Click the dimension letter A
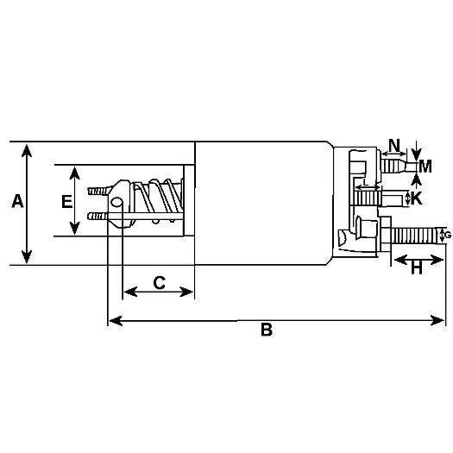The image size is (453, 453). click(x=17, y=201)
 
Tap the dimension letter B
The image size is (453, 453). click(x=267, y=330)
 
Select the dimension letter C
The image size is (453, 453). click(x=160, y=282)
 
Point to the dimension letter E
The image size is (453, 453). click(x=66, y=201)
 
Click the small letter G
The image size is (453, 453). click(x=448, y=236)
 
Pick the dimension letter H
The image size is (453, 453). click(x=416, y=267)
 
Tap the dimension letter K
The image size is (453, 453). click(x=416, y=198)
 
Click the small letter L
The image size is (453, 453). click(x=365, y=182)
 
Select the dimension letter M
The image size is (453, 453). click(x=425, y=167)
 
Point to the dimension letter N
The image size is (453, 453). click(x=394, y=145)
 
